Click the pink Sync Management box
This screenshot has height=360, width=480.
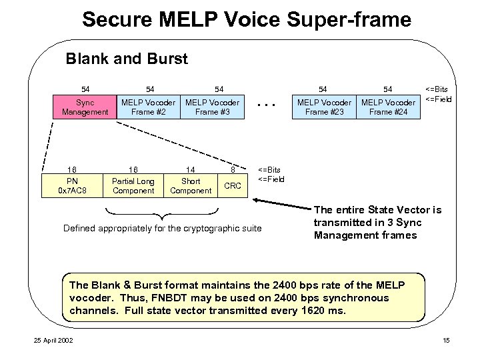85,107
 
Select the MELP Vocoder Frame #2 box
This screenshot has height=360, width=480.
148,107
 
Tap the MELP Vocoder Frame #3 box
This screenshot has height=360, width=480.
212,107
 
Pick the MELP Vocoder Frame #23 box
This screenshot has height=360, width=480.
324,107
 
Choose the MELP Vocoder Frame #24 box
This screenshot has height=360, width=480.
388,107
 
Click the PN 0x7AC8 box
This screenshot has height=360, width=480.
72,186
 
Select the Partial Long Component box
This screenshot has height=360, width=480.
133,186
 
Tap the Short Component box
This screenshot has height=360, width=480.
191,186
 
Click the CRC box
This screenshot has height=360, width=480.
233,186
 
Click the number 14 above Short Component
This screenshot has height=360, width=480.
191,169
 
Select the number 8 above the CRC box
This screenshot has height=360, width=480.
233,169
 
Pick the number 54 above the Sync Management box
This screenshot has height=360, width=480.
85,89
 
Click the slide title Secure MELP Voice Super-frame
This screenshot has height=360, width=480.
247,20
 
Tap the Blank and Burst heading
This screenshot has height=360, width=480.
127,59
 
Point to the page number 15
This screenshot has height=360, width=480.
446,341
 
